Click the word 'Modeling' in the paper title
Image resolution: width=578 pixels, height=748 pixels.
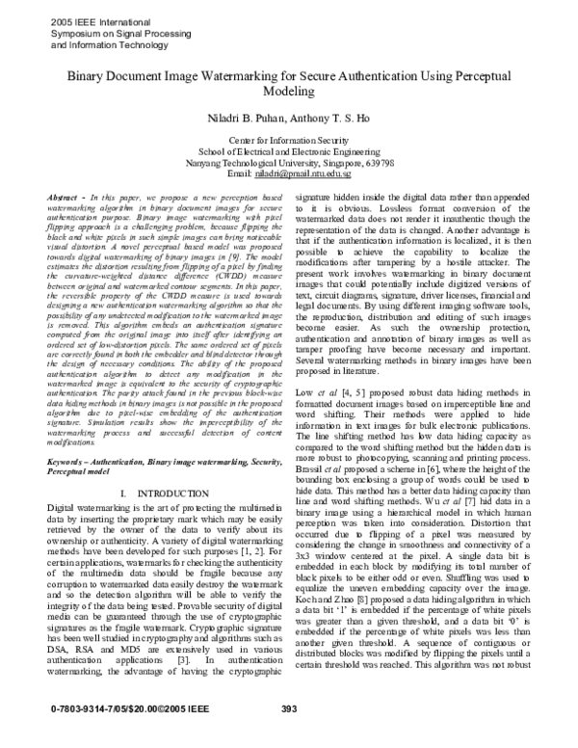pos(288,92)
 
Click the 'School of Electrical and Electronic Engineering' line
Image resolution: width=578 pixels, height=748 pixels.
pos(289,152)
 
